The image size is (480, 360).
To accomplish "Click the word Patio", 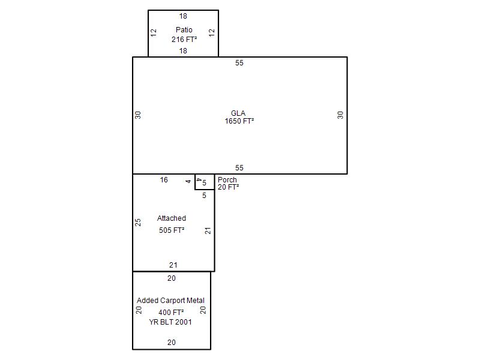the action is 184,29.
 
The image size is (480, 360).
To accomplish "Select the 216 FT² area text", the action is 184,39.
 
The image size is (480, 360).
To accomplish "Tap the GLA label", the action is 238,113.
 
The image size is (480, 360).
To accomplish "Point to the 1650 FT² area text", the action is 239,121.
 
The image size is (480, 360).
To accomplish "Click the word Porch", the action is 227,179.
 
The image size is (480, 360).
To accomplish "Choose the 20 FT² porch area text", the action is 228,187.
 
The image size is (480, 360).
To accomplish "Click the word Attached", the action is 172,218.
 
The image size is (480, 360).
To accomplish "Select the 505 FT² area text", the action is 172,230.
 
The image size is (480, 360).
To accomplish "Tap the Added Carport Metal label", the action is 170,301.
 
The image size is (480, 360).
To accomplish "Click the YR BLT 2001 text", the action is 170,322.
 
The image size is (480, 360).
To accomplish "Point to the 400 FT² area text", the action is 171,312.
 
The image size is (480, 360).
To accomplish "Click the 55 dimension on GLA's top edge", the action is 239,63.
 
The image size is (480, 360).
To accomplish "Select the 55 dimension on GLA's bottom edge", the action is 239,168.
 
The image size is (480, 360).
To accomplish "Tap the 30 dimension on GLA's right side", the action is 340,115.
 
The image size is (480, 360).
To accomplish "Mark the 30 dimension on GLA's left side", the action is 138,115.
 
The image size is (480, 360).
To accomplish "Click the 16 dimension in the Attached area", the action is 164,179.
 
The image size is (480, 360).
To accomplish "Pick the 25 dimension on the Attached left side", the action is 138,222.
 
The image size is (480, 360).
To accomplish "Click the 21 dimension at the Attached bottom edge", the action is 173,265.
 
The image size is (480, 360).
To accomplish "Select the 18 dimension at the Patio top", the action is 183,16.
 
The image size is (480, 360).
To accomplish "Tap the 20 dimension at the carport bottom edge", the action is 172,342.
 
